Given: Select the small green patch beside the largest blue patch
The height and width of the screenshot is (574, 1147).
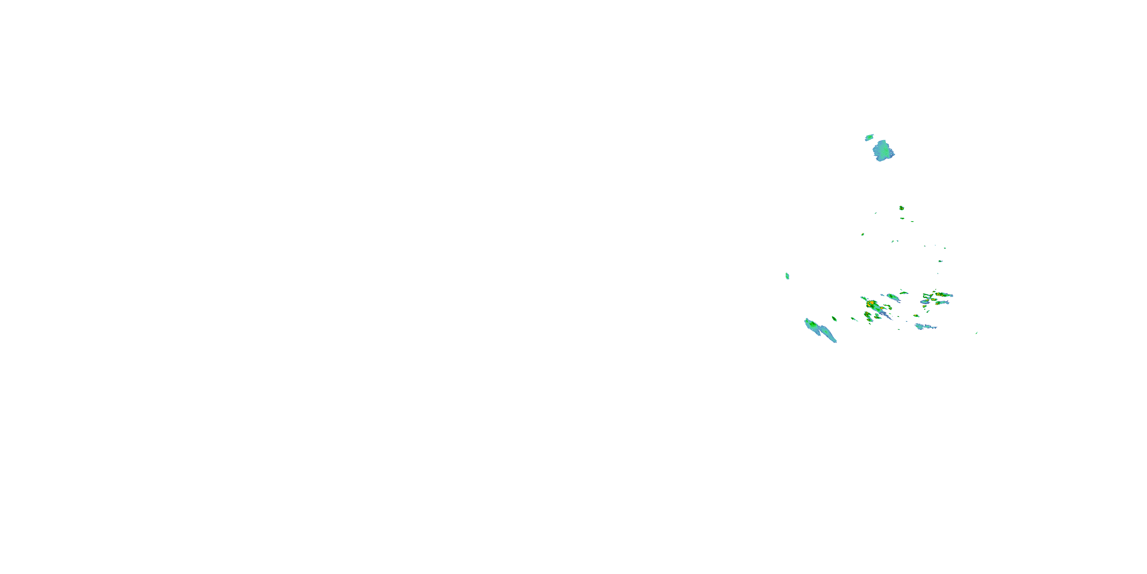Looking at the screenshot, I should point(869,138).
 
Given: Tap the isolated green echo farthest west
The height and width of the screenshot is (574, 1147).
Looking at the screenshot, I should point(787,276).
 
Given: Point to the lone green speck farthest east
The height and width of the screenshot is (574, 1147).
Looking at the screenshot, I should point(976,333).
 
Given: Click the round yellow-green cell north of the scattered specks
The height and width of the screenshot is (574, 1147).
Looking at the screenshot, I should point(901,208).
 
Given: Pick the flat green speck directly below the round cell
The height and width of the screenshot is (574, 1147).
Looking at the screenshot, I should point(902,219).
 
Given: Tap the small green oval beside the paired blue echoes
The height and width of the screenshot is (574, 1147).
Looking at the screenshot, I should point(834,319).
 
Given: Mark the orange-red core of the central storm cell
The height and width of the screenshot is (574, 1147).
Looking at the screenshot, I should point(871,304).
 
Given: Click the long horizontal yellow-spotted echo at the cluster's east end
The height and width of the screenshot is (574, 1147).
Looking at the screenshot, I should point(942,295).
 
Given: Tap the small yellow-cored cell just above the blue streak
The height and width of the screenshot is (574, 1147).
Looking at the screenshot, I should point(916,316).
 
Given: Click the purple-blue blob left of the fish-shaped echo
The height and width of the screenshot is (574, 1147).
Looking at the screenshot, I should point(925,302).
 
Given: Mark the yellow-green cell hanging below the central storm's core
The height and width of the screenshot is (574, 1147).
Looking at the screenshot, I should point(868,316).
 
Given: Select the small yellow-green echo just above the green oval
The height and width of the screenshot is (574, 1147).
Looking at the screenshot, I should point(903,292).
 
